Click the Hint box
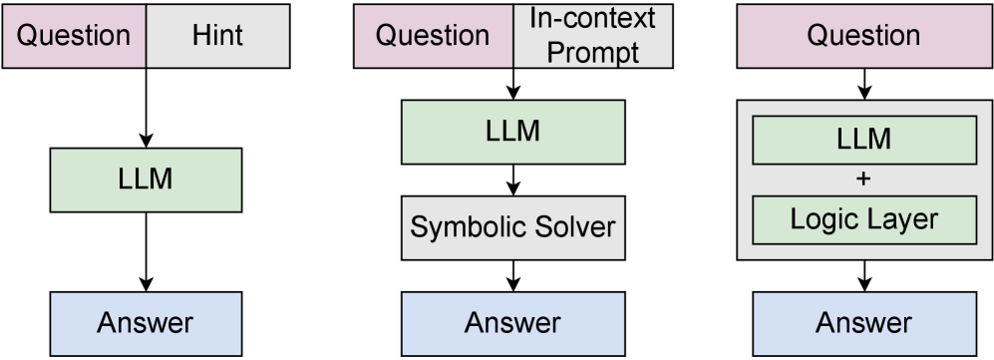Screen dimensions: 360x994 coord(217,37)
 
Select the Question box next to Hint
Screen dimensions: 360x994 coord(75,37)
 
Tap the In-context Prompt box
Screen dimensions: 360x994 coord(593,37)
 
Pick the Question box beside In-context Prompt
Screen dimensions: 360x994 coord(434,37)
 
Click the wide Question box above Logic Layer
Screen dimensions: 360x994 coord(863,37)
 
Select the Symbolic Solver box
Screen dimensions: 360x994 coord(513,228)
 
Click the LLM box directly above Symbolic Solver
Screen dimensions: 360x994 coord(513,132)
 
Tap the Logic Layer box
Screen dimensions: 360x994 coord(863,220)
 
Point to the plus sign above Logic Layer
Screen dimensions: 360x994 coord(863,180)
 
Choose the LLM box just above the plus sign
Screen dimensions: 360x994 coord(863,141)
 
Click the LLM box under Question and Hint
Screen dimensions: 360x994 coord(146,180)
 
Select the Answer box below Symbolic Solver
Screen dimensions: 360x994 coord(513,323)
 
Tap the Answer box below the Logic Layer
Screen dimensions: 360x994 coord(863,323)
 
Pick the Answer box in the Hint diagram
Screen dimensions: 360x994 coord(146,323)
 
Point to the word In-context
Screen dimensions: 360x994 coord(593,20)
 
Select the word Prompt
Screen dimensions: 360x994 coord(593,52)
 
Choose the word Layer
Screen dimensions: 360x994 coord(902,220)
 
